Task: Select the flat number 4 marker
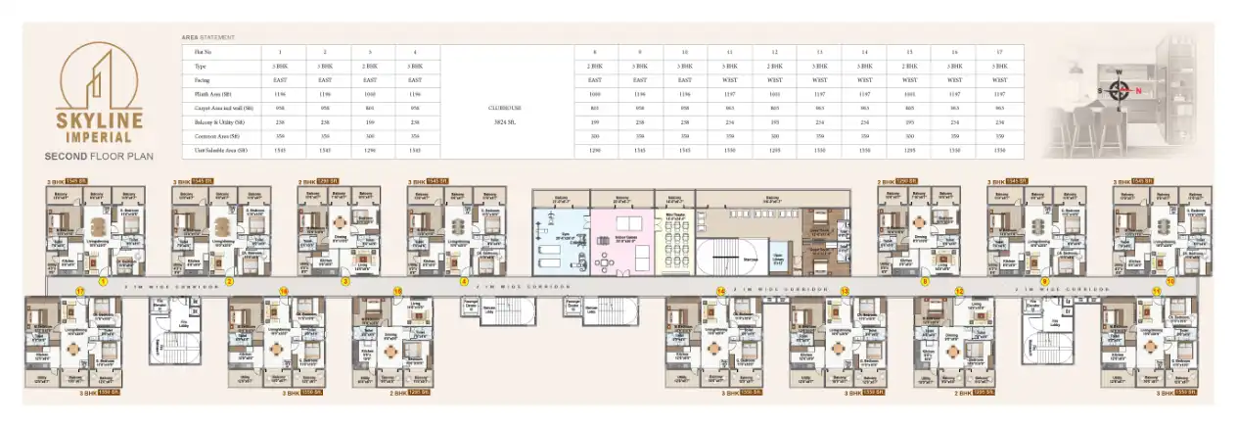[464, 281]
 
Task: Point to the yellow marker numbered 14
[720, 292]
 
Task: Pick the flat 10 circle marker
[1168, 281]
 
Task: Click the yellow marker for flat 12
[959, 292]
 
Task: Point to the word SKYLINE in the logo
[99, 119]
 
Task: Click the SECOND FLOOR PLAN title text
[99, 155]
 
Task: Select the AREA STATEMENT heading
[207, 37]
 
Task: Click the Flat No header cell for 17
[999, 51]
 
